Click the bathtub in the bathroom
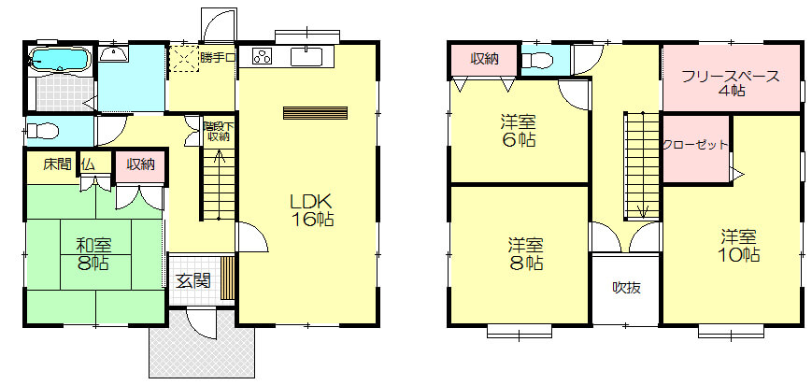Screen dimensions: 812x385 (61, 59)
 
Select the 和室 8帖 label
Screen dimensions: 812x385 (93, 254)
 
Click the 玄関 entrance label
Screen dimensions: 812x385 (193, 281)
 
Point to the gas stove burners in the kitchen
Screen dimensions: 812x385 (263, 56)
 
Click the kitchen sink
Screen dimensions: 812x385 (306, 56)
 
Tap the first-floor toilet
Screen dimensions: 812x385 (42, 130)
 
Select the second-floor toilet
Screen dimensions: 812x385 (537, 61)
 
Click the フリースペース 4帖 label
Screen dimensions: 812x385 (731, 83)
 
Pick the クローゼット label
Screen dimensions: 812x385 (695, 145)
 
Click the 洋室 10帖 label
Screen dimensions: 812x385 (739, 246)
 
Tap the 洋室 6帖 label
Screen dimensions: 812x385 (518, 131)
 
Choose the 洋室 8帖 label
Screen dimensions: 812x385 (526, 253)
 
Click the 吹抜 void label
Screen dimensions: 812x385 (626, 288)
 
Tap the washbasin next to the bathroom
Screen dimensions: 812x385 (113, 53)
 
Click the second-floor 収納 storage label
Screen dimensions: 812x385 (484, 59)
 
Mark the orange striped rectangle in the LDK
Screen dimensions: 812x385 (316, 113)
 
